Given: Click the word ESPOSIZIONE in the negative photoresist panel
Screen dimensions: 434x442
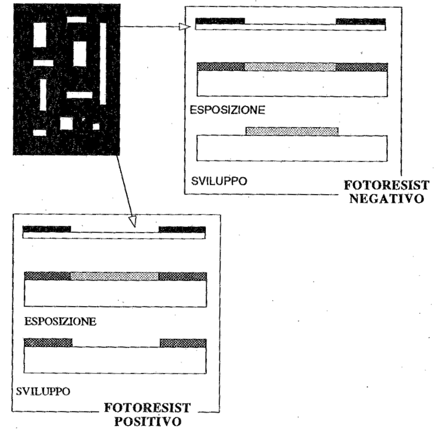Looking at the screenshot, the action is tap(227, 110).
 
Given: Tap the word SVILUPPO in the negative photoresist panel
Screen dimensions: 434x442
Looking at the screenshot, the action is tap(219, 181).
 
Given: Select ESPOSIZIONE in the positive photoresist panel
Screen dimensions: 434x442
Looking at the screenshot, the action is tap(60, 321).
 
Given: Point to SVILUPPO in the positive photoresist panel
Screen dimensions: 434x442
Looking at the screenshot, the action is tap(43, 391).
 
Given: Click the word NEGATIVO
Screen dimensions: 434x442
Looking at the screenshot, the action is tap(387, 198).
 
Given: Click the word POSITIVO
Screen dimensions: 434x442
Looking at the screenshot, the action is tap(148, 421).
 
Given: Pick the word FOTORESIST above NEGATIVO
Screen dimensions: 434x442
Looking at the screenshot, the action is tap(387, 185).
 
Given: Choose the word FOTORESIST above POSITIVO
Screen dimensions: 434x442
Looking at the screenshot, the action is tap(148, 408).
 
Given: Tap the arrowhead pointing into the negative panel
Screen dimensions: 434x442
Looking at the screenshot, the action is tap(185, 27).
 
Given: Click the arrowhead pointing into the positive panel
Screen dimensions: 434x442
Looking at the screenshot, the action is tap(133, 222).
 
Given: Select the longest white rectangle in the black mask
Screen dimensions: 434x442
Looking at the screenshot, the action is tap(103, 64).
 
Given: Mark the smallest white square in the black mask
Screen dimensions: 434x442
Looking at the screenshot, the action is tap(96, 127).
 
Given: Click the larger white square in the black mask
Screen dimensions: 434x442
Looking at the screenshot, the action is tap(66, 123).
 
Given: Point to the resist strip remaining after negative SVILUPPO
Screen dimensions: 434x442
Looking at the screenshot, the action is tap(292, 132).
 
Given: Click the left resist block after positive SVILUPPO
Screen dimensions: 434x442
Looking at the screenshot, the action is tap(48, 343).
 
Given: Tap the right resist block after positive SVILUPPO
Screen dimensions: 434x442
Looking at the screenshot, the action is tap(183, 343).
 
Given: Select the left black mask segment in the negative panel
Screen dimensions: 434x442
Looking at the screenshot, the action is tap(220, 21).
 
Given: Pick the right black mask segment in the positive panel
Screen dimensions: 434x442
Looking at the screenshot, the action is tap(182, 229).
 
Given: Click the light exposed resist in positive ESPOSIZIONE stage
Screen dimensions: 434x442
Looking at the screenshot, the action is tap(114, 276).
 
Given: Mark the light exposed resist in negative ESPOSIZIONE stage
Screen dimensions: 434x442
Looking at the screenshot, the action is tap(290, 67).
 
